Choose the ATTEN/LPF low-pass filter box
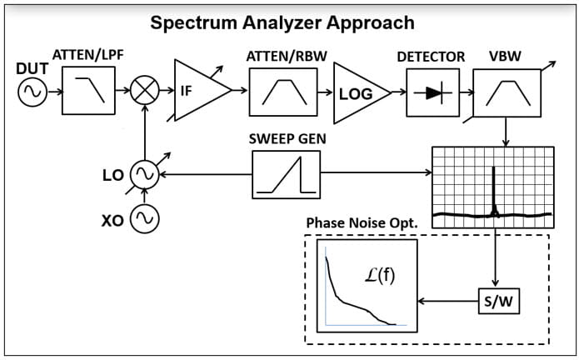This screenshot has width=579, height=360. [89, 91]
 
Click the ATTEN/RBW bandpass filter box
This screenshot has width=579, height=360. [282, 92]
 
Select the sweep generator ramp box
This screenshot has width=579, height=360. [286, 174]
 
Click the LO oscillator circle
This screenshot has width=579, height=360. [146, 174]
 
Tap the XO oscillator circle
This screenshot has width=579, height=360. [146, 219]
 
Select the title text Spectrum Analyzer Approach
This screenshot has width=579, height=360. [282, 22]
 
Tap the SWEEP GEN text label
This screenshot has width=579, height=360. [287, 137]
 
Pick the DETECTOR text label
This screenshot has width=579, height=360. [431, 57]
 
